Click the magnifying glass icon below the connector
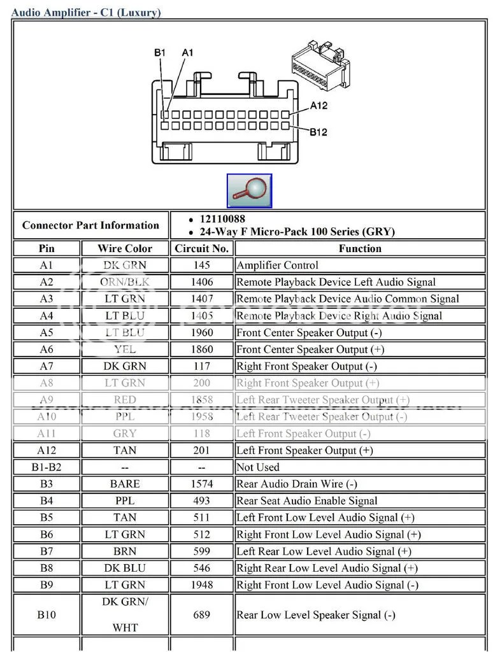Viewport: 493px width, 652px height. tap(249, 190)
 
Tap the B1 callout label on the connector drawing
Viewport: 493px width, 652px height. tap(160, 52)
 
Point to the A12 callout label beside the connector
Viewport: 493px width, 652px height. tap(318, 106)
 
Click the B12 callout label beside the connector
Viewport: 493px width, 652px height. tap(318, 132)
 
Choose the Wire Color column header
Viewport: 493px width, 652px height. tap(125, 248)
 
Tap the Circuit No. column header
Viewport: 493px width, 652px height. tap(201, 248)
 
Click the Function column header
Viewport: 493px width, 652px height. tap(360, 248)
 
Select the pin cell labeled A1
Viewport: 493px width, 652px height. tap(46, 266)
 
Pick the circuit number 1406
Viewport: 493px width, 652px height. tap(201, 282)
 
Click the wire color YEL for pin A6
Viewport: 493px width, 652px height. tap(125, 350)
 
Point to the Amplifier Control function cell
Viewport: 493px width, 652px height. tap(277, 266)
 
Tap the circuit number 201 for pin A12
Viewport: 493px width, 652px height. tap(201, 451)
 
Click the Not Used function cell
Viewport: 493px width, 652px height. tap(258, 467)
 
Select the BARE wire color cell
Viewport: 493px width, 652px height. tap(125, 485)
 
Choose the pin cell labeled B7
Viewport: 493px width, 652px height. tap(46, 551)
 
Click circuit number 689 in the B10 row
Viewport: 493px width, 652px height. tap(201, 614)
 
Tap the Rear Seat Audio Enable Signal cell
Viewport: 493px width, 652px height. tap(307, 501)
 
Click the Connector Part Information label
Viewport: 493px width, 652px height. tap(90, 225)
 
